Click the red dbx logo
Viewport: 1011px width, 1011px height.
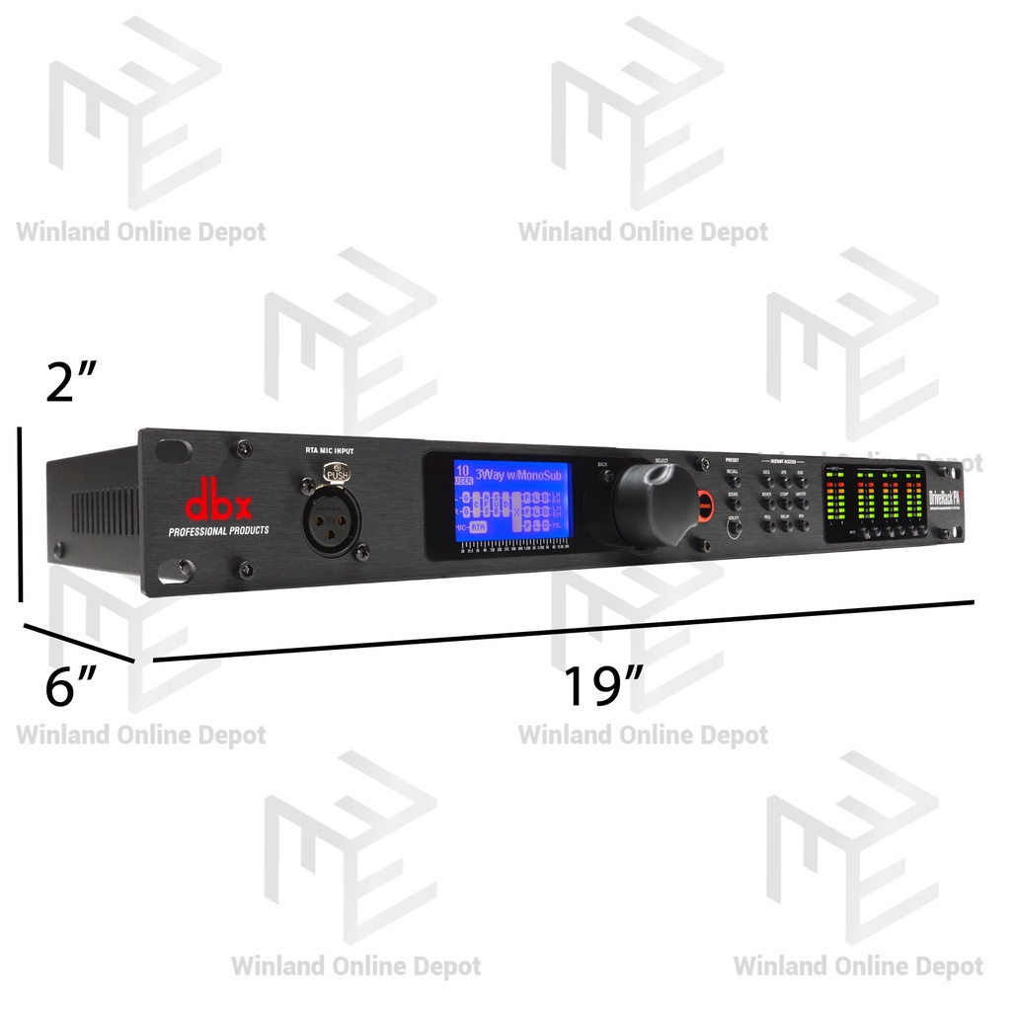(x=219, y=505)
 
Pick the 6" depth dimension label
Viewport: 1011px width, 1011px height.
(x=71, y=686)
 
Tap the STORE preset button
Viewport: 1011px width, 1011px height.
(x=733, y=503)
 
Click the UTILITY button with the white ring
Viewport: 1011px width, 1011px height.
(x=734, y=529)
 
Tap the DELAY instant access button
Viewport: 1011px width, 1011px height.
(x=785, y=522)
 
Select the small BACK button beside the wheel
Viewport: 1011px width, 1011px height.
(x=604, y=475)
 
